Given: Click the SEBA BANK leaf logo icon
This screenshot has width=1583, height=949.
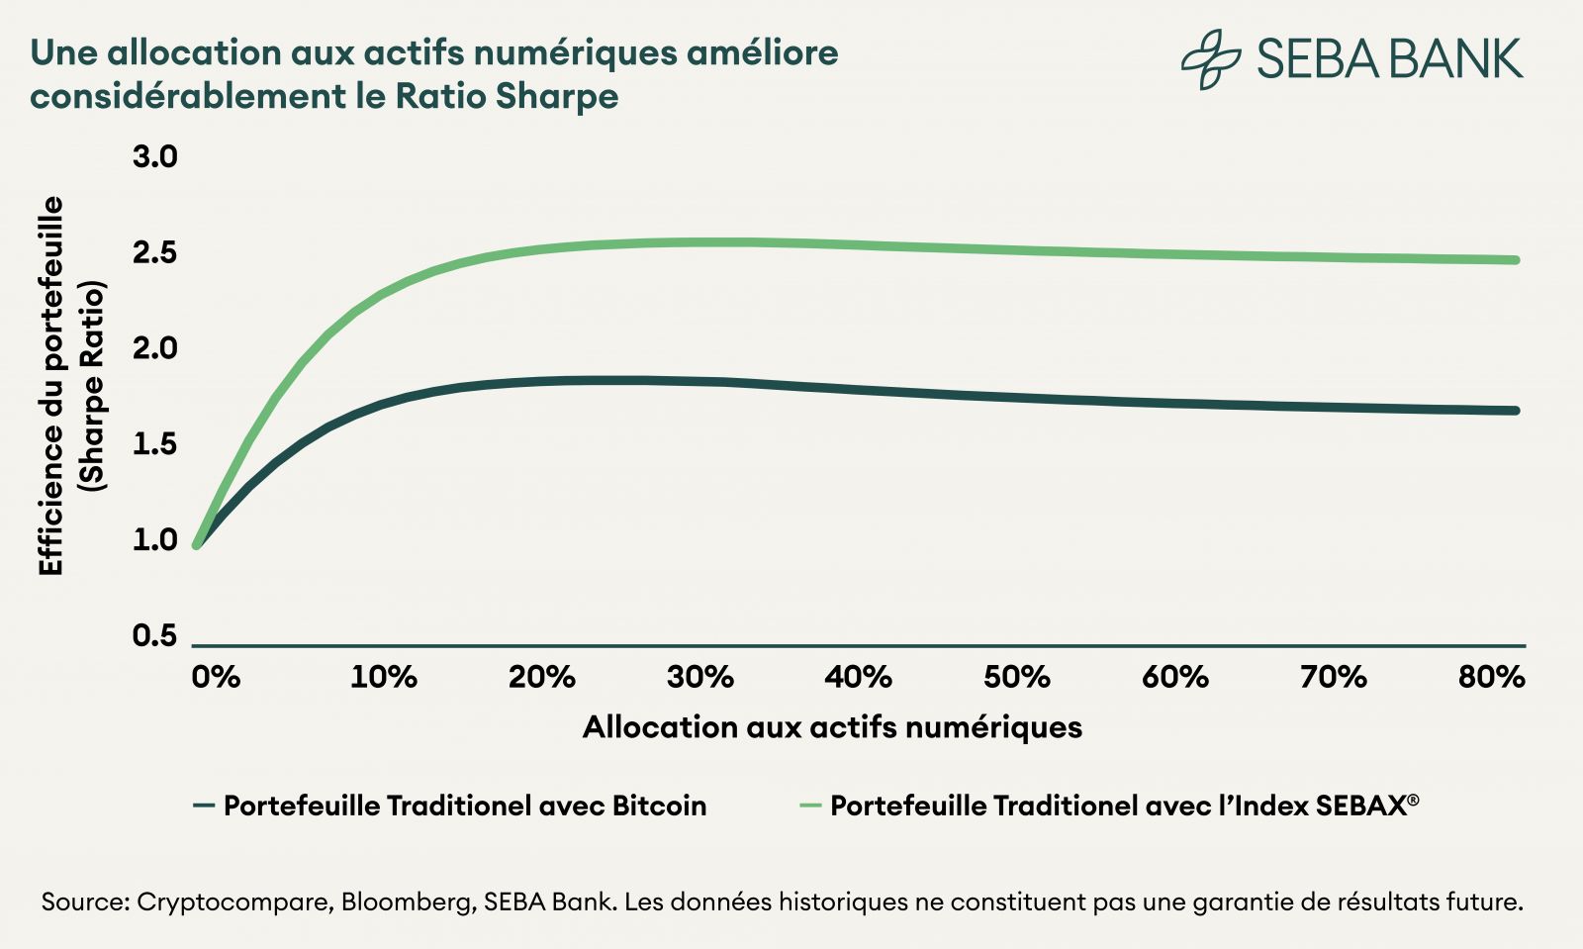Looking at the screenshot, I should coord(1210,58).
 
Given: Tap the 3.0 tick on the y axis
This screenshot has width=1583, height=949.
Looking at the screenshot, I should coord(154,156).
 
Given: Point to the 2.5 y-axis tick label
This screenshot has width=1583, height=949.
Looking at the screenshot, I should coord(154,252).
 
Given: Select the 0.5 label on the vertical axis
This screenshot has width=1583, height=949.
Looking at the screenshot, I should coord(154,635).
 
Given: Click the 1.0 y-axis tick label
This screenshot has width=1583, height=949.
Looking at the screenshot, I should coord(154,539).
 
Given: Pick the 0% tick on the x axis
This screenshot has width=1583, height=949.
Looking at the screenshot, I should coord(216,678).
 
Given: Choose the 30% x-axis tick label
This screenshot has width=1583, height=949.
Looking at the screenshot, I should coord(699,678).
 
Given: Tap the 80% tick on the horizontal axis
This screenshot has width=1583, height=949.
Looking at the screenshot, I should coord(1491,678).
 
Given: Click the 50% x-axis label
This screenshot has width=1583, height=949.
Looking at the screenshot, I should coord(1016,678).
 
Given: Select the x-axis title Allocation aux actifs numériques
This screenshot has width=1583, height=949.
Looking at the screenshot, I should coord(832,727).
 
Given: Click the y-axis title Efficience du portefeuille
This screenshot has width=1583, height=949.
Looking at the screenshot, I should coord(51,386).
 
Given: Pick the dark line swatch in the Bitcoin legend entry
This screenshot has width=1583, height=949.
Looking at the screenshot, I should coord(204,806).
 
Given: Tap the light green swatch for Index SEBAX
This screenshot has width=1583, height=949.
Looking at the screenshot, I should coord(810,806).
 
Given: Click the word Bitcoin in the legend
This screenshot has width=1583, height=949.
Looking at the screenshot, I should coord(659,806).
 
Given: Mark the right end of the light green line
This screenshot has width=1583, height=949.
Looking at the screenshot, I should coord(1517,260).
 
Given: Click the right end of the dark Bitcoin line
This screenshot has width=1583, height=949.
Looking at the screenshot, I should coord(1517,411).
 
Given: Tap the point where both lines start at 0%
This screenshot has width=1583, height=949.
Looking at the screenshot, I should coord(197,543).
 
